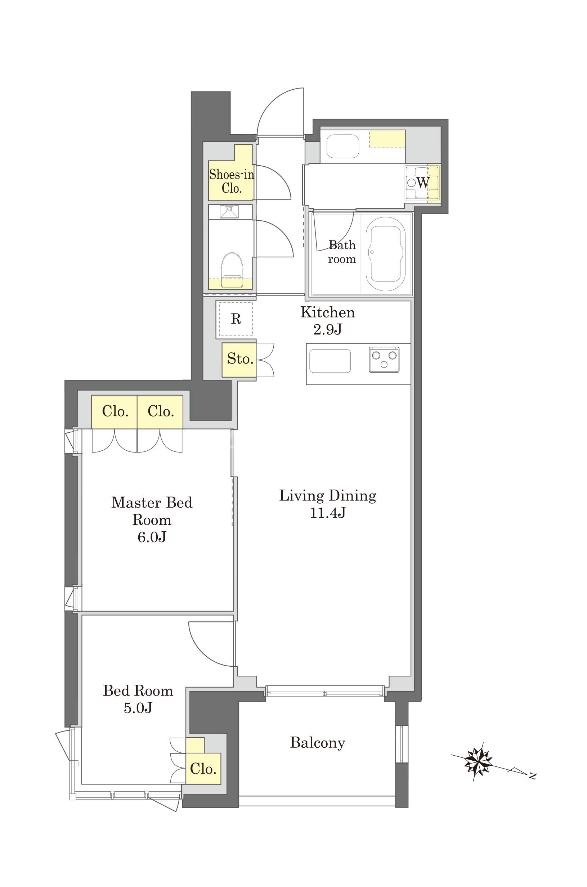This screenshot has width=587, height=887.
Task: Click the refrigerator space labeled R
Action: (236, 319)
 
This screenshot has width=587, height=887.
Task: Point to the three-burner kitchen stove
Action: (384, 360)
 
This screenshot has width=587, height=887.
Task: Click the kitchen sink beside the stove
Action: (330, 361)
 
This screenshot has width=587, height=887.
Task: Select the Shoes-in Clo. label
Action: (232, 181)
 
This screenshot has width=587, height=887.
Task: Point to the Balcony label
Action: (318, 743)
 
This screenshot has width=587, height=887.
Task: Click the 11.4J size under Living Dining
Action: (328, 513)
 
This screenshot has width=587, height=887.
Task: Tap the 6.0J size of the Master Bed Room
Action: (152, 537)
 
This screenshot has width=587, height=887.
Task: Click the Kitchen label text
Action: (328, 312)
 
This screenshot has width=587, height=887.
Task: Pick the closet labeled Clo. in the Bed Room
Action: (203, 769)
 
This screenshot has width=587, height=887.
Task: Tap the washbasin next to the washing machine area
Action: (342, 146)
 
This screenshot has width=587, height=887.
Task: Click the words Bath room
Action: (342, 252)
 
